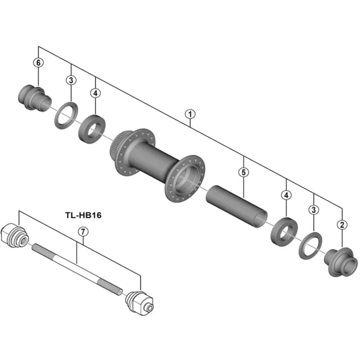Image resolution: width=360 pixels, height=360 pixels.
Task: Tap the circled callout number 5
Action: pyautogui.click(x=243, y=172)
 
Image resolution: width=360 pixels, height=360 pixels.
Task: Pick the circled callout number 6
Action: pyautogui.click(x=39, y=63)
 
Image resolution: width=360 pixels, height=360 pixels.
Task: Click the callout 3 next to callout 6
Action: pyautogui.click(x=71, y=80)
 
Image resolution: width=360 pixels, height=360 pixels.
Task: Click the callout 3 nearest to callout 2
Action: pyautogui.click(x=314, y=209)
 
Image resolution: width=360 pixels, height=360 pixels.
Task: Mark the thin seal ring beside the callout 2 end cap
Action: pyautogui.click(x=310, y=246)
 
